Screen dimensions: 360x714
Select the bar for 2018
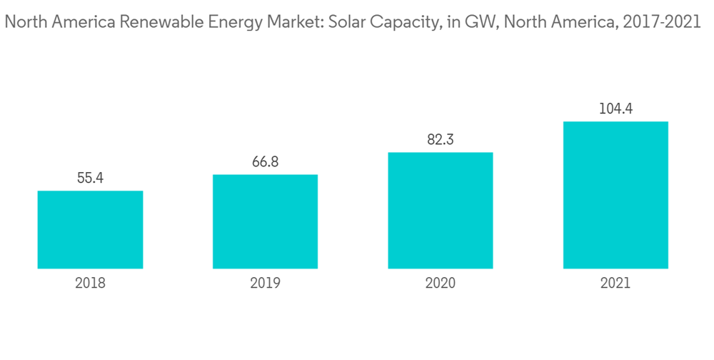[90, 230]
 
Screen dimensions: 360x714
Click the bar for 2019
[265, 221]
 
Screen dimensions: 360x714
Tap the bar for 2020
[441, 211]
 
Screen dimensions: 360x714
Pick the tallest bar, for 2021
[615, 195]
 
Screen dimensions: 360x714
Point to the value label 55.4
[91, 178]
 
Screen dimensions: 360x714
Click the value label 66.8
[265, 162]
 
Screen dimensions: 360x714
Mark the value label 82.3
[441, 140]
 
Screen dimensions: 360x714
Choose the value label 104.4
[615, 109]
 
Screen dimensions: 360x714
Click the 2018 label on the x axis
[90, 283]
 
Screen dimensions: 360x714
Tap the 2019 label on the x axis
[265, 283]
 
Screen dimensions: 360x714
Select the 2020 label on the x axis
[441, 283]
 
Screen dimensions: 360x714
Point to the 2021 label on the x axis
[615, 283]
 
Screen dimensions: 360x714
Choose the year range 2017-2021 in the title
[661, 23]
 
